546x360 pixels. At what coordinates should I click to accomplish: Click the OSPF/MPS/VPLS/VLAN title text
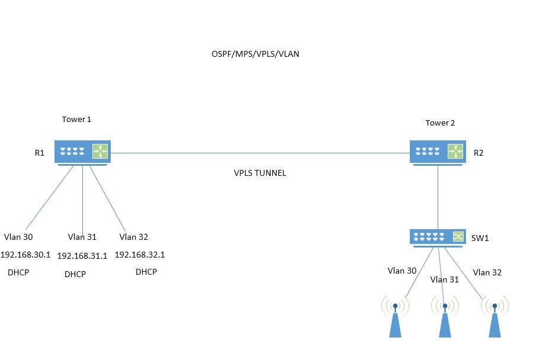255,54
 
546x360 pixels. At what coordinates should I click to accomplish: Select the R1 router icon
82,152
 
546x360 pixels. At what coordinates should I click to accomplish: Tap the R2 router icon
438,152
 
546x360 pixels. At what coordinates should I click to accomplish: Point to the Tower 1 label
76,119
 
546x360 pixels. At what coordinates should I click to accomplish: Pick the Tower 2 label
440,123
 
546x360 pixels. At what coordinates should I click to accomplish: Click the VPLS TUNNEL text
260,173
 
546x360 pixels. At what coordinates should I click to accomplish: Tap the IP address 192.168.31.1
82,256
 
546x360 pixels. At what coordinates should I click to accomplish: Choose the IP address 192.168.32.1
139,255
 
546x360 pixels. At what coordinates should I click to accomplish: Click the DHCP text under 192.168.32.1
146,272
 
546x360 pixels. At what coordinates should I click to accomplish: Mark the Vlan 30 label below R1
18,237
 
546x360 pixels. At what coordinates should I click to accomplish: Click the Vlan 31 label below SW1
445,279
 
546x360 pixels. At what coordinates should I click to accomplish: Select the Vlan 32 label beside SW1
487,272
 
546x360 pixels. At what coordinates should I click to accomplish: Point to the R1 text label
40,153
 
